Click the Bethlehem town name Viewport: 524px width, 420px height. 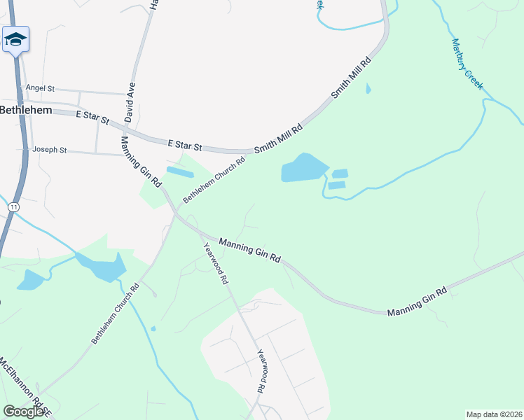pos(25,110)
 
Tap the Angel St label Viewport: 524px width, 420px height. pos(40,88)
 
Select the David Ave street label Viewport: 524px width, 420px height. pos(130,101)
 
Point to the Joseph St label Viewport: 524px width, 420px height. pos(49,150)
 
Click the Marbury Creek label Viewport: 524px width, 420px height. pos(467,64)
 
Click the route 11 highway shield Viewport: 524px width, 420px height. pos(13,207)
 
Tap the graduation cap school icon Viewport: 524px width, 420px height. pos(15,39)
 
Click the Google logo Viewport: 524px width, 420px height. pos(22,412)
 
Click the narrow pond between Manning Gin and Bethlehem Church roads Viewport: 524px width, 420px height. pos(180,172)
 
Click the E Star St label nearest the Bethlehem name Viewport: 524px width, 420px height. pos(92,117)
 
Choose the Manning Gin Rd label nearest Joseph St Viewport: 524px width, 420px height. pos(142,162)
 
